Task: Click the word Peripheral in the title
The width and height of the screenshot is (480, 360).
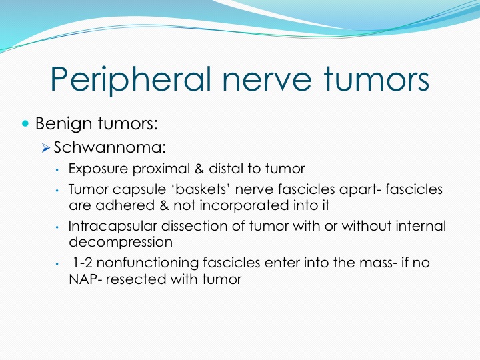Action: [x=131, y=79]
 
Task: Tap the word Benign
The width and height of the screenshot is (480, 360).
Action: [x=64, y=124]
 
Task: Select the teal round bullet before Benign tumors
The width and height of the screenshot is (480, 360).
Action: [x=25, y=124]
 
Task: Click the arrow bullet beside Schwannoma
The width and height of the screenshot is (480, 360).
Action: [x=46, y=149]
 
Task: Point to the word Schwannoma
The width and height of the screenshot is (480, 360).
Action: [x=109, y=147]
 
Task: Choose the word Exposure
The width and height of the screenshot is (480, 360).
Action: [x=98, y=169]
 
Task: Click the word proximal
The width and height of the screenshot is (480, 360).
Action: [x=161, y=169]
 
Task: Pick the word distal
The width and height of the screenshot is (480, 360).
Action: [x=226, y=169]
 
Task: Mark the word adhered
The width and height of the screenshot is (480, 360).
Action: [x=125, y=205]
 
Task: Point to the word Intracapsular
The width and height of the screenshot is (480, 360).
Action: [x=113, y=226]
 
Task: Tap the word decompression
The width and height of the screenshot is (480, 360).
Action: [x=121, y=243]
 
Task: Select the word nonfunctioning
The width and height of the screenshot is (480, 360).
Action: [x=147, y=263]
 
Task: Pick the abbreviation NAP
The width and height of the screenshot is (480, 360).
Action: [x=83, y=279]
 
